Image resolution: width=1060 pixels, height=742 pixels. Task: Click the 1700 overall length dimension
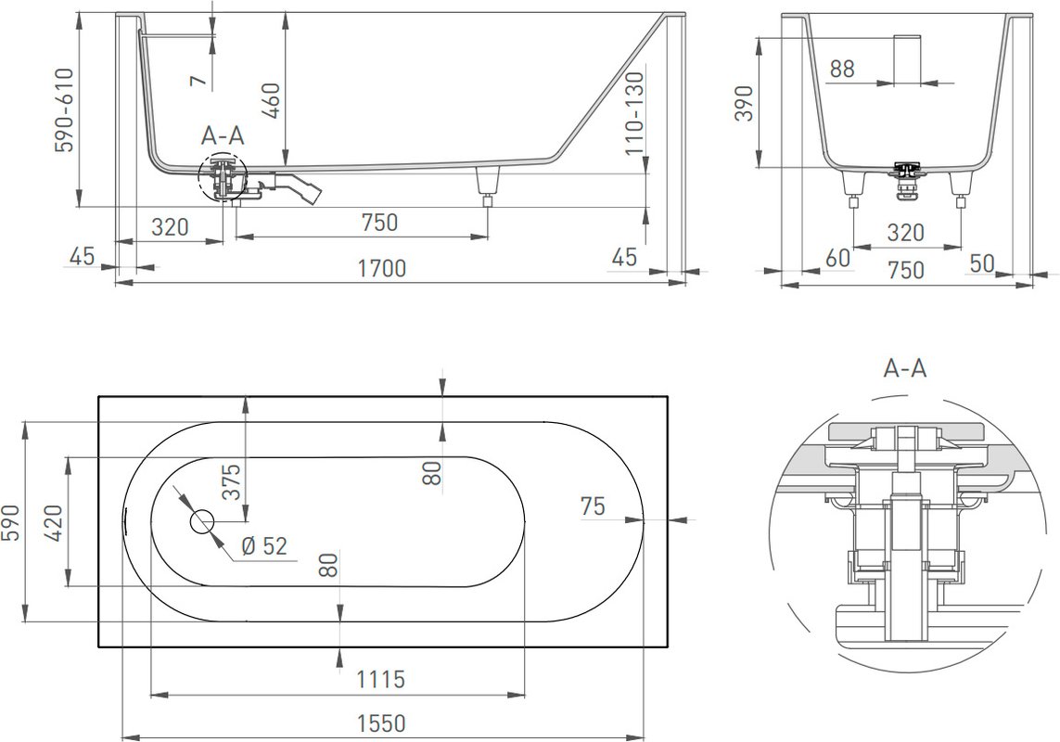(x=381, y=269)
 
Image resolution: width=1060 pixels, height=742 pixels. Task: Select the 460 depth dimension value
(x=271, y=100)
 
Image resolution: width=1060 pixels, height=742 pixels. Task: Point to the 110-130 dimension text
(x=634, y=114)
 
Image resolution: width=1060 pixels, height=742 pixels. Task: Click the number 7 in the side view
(x=198, y=81)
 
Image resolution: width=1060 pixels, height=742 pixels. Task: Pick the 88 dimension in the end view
(x=842, y=69)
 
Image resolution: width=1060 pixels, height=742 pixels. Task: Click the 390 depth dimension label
(x=744, y=103)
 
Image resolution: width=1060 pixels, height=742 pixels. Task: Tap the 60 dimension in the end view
(x=838, y=258)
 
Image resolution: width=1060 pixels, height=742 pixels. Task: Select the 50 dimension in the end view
(x=981, y=263)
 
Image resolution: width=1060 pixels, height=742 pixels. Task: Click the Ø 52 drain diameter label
(x=264, y=545)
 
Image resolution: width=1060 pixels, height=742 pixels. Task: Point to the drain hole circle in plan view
(x=201, y=521)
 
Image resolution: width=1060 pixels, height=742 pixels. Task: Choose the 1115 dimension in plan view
(x=380, y=678)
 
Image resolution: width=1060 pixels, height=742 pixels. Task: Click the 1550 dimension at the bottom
(x=381, y=723)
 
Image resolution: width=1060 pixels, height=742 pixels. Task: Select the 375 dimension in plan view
(x=231, y=481)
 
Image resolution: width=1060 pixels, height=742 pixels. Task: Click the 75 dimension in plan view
(x=593, y=505)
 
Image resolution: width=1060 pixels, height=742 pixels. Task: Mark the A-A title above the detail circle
(x=904, y=368)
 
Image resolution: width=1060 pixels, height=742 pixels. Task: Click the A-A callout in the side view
(x=223, y=136)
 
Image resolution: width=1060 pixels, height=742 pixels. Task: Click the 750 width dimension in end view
(x=906, y=269)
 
